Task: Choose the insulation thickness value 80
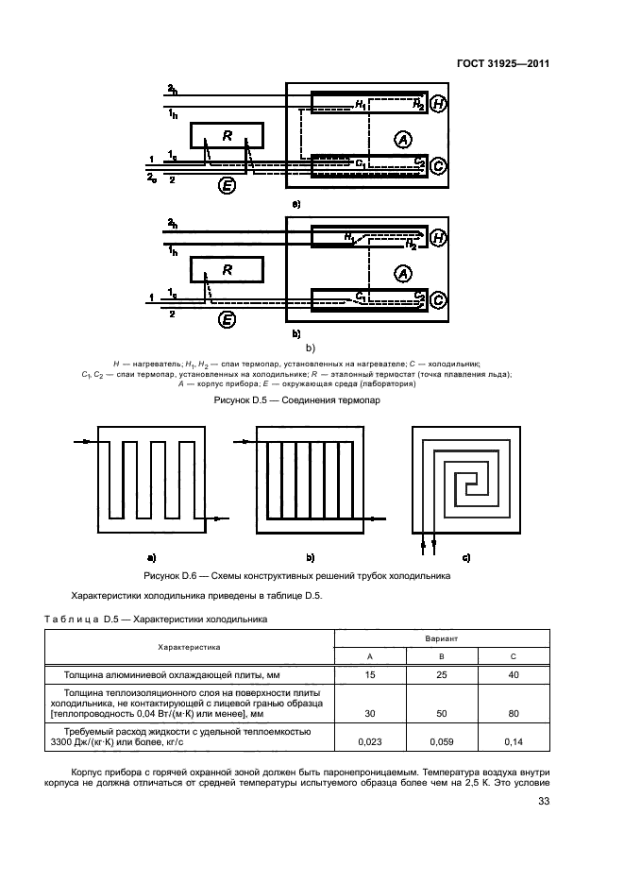pos(514,713)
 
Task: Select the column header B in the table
pos(442,655)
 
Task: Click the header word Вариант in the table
pos(442,638)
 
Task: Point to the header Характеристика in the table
pos(189,647)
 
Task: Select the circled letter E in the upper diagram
pos(227,185)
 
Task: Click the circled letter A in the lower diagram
pos(403,274)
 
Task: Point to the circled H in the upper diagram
pos(438,105)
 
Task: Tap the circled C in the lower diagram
pos(438,300)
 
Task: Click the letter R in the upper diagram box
pos(227,136)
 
